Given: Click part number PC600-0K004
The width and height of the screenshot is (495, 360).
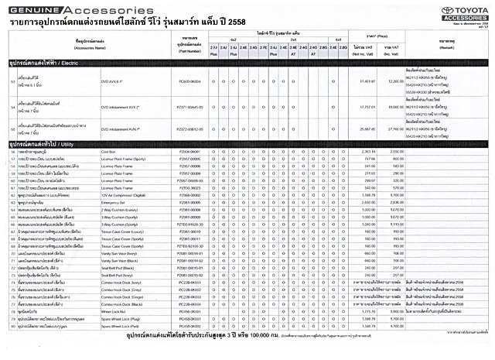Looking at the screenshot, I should pos(189,81).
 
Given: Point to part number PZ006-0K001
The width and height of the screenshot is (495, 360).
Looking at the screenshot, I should pos(189,153).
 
